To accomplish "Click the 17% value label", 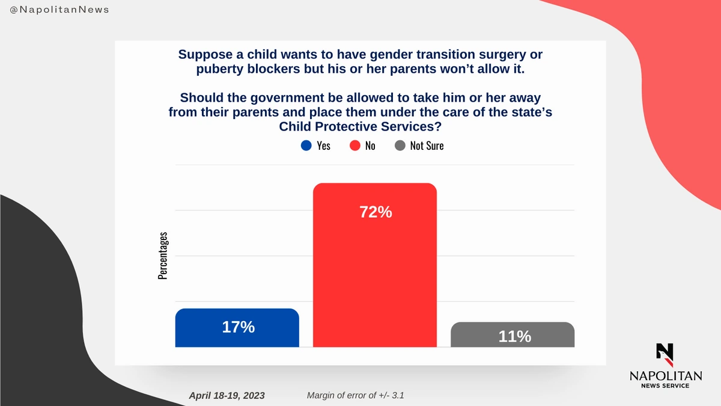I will coord(238,327).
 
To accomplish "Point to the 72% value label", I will coord(375,212).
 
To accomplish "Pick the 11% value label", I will coord(514,336).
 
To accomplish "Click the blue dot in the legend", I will coord(306,146).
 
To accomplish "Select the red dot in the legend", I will coord(354,146).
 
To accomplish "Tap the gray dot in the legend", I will coord(400,146).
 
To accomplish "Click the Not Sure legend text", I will coord(427,146).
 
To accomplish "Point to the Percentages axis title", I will coord(163,256).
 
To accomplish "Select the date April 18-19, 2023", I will coord(227,395).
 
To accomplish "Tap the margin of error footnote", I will coord(359,395).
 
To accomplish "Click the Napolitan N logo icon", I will coord(665,354).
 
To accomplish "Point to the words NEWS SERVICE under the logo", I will coord(665,386).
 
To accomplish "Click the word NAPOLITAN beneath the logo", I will coord(665,375).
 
